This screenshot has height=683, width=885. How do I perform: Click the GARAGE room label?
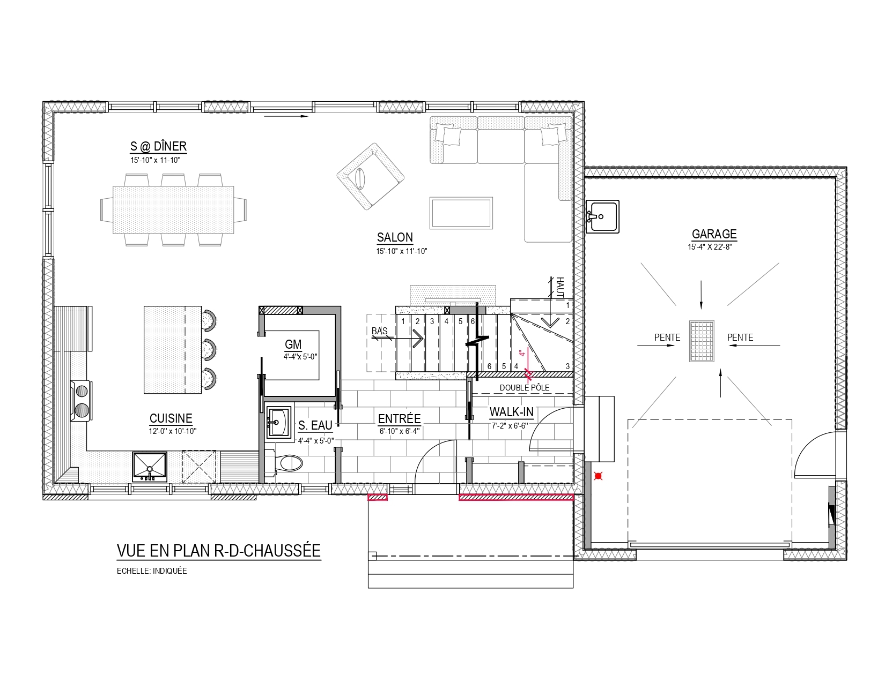(714, 234)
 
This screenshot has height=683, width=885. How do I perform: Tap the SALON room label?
(395, 237)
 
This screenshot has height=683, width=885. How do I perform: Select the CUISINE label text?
(171, 418)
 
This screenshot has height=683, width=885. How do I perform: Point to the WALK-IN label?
(511, 412)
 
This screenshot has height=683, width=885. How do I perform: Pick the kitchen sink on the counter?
(150, 467)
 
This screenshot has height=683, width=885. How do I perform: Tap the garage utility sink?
(602, 216)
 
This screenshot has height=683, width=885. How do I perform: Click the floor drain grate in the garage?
(702, 341)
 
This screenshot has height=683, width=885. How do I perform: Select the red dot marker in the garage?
(598, 476)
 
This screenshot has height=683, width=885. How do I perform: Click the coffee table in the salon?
(461, 213)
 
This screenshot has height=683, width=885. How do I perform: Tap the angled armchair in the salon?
(371, 177)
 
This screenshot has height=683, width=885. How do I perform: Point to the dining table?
(173, 210)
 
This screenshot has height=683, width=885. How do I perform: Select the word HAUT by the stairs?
(559, 287)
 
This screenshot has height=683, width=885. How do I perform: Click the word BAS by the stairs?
(379, 331)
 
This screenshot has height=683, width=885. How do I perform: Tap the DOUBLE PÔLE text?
(525, 388)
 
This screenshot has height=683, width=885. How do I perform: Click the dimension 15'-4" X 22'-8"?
(710, 247)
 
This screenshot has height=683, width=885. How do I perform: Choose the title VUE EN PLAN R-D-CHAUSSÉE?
(219, 551)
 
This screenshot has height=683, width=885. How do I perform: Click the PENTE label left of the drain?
(667, 337)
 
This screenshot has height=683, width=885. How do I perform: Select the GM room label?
(293, 344)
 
